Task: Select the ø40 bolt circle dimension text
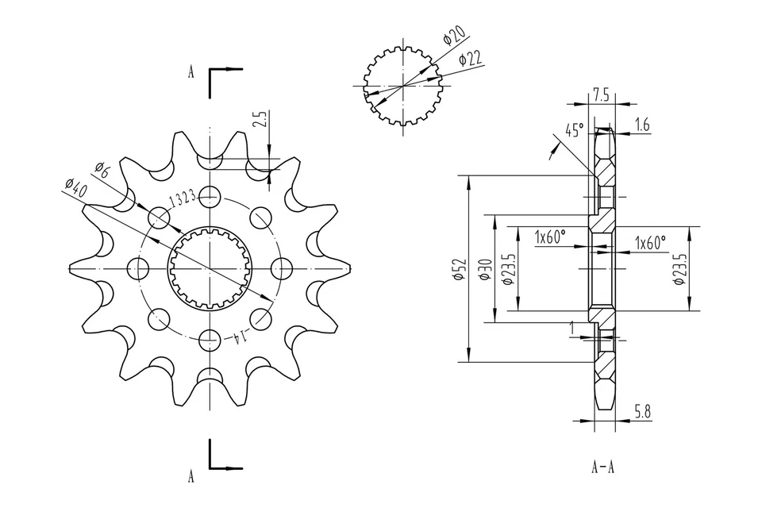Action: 76,188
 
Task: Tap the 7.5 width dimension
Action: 601,94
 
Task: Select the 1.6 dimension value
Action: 643,125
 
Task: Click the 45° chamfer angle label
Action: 575,129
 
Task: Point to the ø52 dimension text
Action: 460,269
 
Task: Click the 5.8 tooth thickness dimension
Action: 643,411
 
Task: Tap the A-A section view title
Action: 603,466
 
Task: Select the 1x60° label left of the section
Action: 549,237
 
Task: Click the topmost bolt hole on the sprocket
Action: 210,195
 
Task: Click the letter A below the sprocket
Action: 190,477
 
